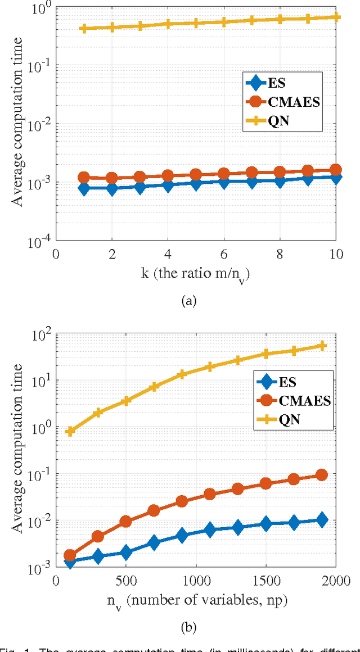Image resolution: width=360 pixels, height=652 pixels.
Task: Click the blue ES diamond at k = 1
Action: point(84,188)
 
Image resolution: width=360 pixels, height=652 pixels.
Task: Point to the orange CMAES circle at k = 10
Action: point(336,170)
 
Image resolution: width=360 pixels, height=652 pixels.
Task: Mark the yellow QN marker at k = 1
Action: point(84,28)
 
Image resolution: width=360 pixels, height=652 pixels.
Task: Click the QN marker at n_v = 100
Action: point(70,431)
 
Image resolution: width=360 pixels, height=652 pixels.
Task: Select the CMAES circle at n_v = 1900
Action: point(322,475)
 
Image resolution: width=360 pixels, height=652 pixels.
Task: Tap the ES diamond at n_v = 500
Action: point(126,553)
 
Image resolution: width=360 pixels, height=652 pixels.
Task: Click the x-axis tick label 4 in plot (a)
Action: point(168,254)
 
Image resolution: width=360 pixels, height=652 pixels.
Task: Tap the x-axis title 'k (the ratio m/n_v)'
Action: point(195,274)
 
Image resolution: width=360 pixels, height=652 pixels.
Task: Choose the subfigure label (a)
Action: point(188,301)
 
